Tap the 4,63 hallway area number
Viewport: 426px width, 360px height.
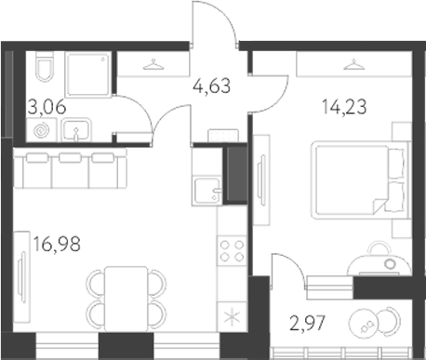pos(210,90)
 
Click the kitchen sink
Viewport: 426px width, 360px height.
pos(206,191)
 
